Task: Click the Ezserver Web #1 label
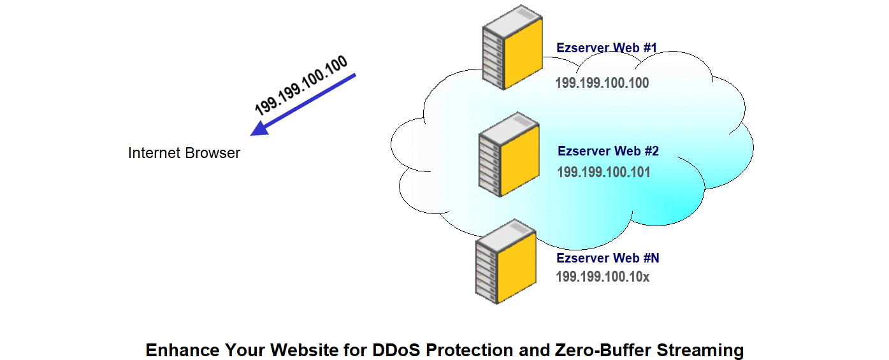(x=607, y=48)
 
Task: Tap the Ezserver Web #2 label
(x=608, y=151)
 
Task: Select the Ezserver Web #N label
(x=607, y=258)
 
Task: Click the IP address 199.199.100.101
(x=604, y=172)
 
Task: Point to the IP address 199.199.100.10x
(x=602, y=277)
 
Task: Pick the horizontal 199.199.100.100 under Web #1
(x=602, y=83)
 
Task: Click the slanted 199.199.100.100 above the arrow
(x=301, y=86)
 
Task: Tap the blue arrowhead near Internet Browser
(x=261, y=129)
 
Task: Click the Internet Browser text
(x=184, y=153)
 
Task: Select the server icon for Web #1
(x=512, y=47)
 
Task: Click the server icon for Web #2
(x=509, y=154)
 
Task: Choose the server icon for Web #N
(x=506, y=262)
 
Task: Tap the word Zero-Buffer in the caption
(x=603, y=350)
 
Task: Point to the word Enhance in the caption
(x=182, y=350)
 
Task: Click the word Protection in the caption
(x=470, y=350)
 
